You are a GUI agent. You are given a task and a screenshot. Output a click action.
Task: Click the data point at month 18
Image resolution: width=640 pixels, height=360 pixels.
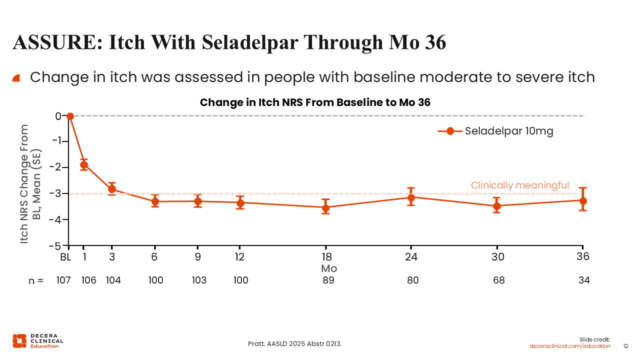(x=325, y=207)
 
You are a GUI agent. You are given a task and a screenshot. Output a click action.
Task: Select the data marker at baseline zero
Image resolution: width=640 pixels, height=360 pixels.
(x=70, y=116)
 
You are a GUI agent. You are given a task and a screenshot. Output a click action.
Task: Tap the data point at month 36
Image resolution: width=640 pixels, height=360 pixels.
(x=583, y=200)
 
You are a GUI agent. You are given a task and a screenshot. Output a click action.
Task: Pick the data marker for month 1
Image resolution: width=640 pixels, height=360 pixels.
(x=84, y=164)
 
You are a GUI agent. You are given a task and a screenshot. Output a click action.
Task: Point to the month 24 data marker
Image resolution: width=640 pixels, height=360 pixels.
(x=411, y=197)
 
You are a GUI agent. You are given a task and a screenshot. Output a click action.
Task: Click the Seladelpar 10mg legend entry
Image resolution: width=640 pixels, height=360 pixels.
(x=495, y=131)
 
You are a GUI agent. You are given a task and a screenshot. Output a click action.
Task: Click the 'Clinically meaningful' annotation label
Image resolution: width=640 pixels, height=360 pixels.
(x=519, y=185)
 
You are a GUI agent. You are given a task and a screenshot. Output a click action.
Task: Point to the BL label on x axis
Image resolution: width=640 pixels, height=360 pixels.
(x=65, y=257)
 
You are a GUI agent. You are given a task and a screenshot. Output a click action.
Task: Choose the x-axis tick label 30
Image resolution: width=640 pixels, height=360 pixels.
(x=497, y=257)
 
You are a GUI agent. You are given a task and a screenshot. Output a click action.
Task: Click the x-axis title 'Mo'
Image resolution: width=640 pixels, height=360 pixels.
(x=328, y=268)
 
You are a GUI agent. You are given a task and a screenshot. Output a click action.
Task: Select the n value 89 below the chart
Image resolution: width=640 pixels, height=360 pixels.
(x=328, y=280)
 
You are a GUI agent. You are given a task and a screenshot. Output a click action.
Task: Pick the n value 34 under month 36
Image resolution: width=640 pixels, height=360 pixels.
(x=584, y=280)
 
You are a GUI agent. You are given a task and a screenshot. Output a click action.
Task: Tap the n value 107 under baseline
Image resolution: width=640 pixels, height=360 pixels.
(x=63, y=280)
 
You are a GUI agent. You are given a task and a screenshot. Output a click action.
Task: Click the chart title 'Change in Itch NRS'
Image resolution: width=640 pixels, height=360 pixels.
(x=315, y=102)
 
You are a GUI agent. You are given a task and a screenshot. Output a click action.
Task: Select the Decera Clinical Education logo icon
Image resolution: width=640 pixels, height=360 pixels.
(x=19, y=340)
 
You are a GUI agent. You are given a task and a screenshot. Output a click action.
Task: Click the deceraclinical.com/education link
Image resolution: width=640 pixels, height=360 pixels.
(x=569, y=346)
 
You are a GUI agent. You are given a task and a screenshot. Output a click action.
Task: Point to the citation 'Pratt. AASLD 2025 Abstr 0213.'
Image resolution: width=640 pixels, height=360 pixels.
(x=295, y=344)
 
